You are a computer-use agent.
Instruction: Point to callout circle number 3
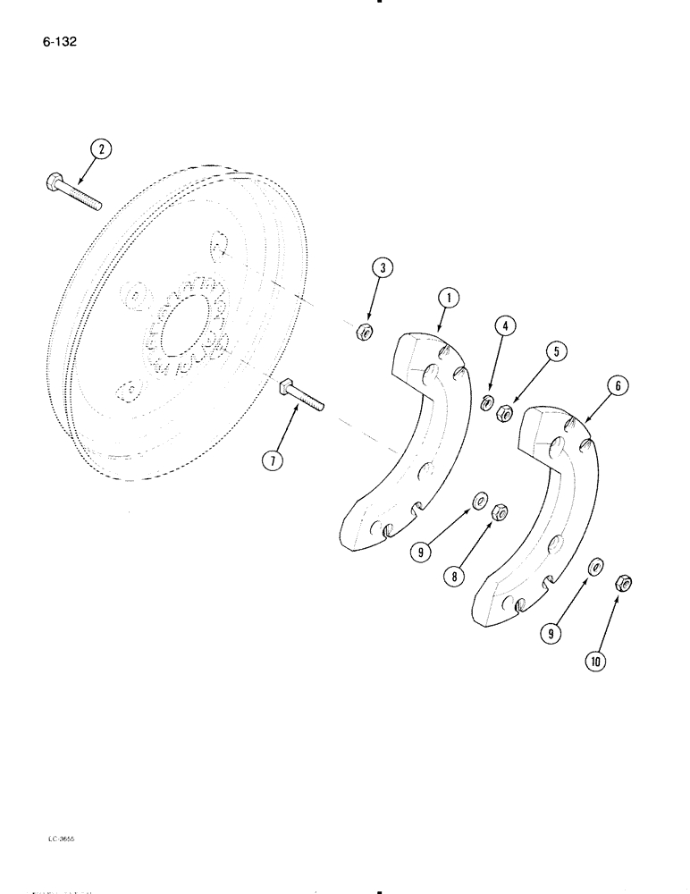click(382, 267)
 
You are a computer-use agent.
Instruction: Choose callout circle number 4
click(505, 327)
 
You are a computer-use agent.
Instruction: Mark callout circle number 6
click(593, 385)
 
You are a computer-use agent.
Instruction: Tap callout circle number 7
click(273, 460)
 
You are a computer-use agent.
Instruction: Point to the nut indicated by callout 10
click(625, 585)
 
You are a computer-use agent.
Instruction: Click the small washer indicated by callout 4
click(488, 403)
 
